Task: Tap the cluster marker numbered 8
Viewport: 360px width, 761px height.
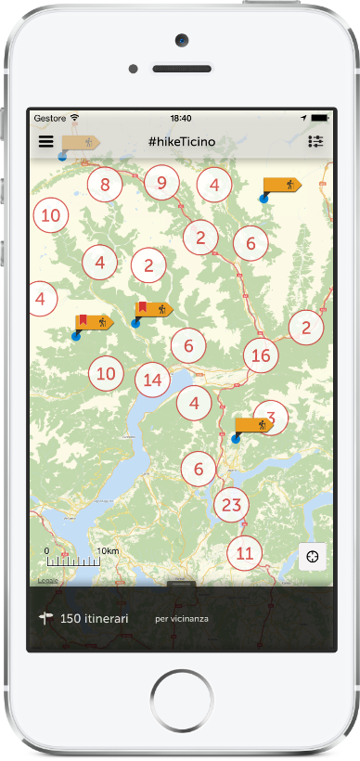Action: (105, 185)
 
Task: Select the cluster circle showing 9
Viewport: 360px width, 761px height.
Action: (161, 183)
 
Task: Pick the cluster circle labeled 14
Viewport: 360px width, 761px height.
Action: (153, 380)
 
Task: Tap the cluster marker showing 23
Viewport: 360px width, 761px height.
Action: (232, 506)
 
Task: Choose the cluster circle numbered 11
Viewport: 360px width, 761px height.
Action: (244, 554)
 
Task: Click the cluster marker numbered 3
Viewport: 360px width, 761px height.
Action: (270, 418)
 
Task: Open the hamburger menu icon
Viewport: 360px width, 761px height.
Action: (45, 142)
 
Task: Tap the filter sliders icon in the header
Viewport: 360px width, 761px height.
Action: (315, 142)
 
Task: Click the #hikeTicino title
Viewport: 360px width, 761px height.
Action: (181, 142)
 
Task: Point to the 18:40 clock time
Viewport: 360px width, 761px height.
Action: (181, 119)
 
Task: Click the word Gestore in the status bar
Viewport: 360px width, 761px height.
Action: (49, 119)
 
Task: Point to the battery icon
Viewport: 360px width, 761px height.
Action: (319, 119)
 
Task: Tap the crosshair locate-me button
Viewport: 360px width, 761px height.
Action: (314, 556)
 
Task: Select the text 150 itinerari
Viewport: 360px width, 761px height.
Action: (95, 618)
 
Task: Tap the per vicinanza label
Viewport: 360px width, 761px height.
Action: (181, 619)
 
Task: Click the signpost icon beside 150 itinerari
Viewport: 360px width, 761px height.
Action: (45, 617)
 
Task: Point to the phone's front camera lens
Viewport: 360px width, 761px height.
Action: (180, 40)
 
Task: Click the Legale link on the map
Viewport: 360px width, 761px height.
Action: (47, 580)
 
